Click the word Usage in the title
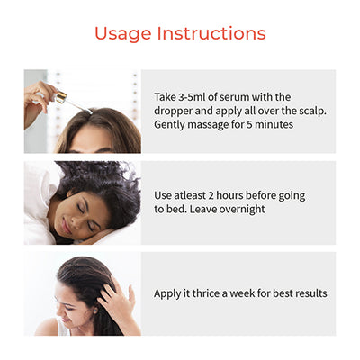(123, 34)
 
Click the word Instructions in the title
(211, 33)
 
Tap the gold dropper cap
(60, 97)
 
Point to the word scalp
(312, 112)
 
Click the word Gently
(169, 125)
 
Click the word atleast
(190, 195)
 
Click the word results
(311, 293)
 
